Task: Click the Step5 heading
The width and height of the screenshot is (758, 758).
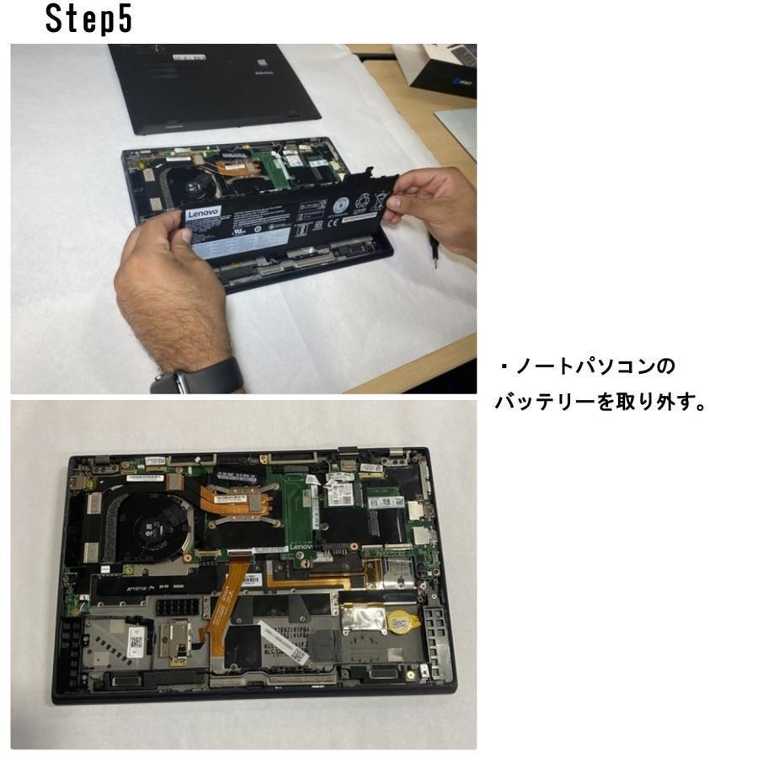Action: [x=88, y=19]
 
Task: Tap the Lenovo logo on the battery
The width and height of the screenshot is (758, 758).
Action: [x=203, y=215]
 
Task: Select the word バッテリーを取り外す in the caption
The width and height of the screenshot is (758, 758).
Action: [x=600, y=403]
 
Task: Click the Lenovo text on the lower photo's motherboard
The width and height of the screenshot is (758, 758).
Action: [x=301, y=547]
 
